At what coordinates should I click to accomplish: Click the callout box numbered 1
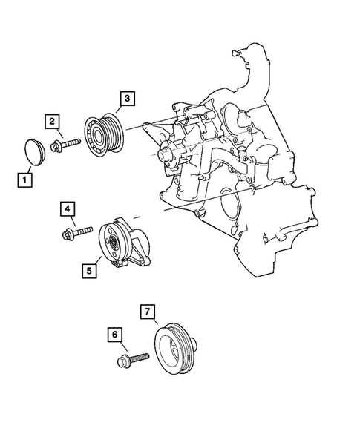[25, 179]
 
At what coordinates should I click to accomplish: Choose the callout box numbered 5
[88, 271]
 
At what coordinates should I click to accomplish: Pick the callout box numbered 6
[116, 335]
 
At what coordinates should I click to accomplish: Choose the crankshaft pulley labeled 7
[177, 349]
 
